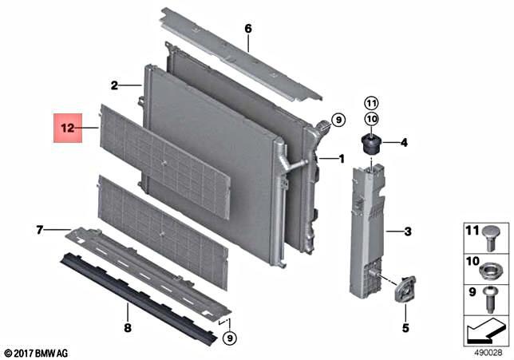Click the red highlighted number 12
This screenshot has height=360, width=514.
tap(68, 127)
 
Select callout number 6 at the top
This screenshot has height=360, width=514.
tap(247, 29)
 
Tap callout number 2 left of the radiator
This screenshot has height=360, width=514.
tap(114, 85)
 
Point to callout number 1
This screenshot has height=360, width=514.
tap(342, 159)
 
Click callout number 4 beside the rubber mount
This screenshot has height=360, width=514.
tap(404, 143)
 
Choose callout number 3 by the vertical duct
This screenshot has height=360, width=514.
tap(407, 232)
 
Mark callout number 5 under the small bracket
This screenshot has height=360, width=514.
tap(404, 327)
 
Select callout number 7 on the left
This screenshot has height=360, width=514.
tap(38, 230)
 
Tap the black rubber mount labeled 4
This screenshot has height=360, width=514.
tap(371, 145)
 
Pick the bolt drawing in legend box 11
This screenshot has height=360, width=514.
tap(491, 236)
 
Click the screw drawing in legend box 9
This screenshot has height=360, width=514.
tap(491, 295)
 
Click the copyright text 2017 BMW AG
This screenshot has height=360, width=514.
tap(36, 352)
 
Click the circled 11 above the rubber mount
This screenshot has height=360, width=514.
tap(370, 101)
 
